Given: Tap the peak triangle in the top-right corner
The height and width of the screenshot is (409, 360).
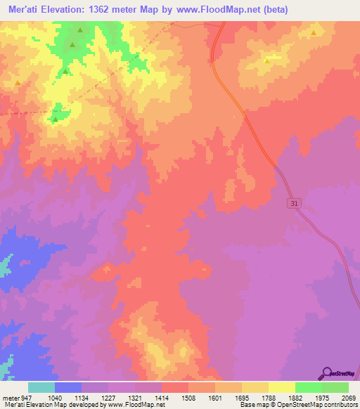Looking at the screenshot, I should (313, 32).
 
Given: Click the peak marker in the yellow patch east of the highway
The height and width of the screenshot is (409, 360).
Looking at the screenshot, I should (267, 60).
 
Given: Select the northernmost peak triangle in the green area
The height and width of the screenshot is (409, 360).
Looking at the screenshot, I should (80, 30).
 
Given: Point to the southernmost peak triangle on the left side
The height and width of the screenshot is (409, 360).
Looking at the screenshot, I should (55, 119).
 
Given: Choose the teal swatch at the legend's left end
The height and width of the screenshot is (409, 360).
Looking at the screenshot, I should (41, 387).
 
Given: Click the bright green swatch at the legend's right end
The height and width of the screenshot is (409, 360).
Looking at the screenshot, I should (335, 387).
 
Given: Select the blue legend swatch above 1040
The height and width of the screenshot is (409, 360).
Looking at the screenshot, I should (68, 387).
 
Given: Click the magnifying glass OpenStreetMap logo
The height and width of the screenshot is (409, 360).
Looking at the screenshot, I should (326, 374).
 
